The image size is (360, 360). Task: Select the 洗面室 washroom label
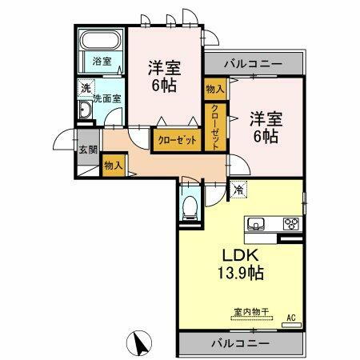106,98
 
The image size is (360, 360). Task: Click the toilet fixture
190,207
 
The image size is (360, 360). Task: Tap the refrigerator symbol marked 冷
239,190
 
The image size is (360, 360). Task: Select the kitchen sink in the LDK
258,224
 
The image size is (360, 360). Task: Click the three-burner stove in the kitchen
291,224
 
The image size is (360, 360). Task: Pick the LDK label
234,257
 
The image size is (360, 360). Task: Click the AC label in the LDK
293,318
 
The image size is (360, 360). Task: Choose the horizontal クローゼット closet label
174,139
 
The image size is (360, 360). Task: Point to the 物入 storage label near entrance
113,166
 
